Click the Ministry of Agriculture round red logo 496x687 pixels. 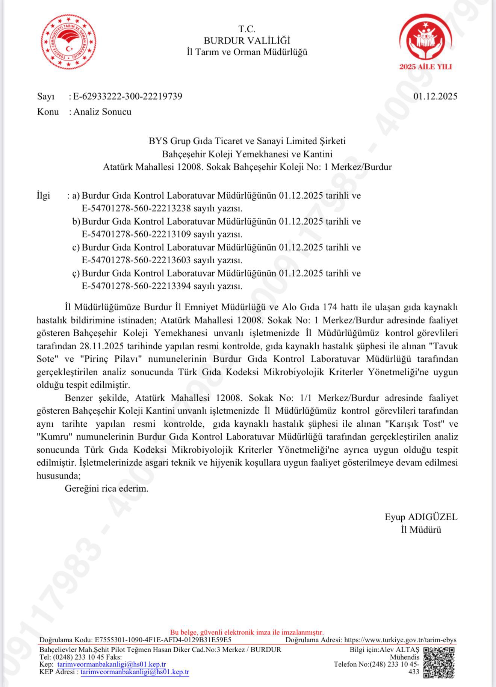(68, 42)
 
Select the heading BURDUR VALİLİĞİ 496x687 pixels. (247, 41)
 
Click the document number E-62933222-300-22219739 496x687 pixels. (128, 97)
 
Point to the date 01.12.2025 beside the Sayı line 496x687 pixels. (435, 97)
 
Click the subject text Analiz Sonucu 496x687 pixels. (102, 112)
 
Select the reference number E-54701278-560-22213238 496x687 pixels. (136, 208)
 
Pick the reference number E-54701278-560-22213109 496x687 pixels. (136, 234)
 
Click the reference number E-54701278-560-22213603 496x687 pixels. (136, 260)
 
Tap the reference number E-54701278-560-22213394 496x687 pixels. (136, 286)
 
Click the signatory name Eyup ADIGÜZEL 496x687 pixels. (421, 517)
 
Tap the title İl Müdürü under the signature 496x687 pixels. (421, 530)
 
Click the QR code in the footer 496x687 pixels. (439, 663)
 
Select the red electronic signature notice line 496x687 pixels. (247, 633)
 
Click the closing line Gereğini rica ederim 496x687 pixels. (107, 489)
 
